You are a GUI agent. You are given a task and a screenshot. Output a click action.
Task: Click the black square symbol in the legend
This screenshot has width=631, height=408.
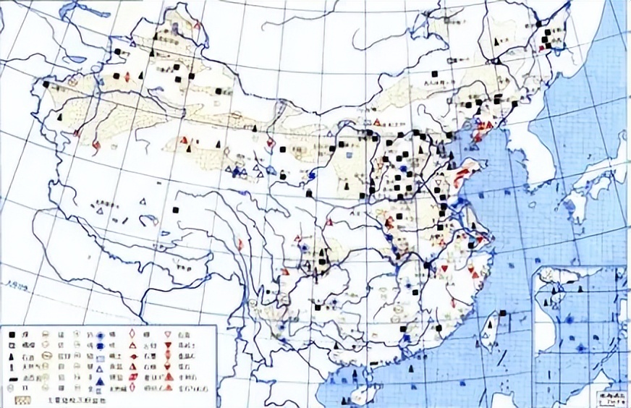coord(12,335)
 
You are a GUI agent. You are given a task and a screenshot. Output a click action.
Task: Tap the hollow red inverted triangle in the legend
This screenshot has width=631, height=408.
coord(167,334)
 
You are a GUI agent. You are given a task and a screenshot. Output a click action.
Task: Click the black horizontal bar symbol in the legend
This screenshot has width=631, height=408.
coord(12,378)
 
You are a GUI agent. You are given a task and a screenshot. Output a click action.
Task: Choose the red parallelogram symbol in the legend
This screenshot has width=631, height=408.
coord(132,377)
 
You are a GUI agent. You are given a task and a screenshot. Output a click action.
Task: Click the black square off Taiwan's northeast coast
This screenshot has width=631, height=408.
coord(502,313)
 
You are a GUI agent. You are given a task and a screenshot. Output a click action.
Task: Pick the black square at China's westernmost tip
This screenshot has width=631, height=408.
coord(46,85)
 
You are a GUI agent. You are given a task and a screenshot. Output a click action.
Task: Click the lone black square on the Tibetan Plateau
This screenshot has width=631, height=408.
coord(176,210)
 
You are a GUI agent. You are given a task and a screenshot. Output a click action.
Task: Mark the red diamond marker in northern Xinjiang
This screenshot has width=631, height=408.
coord(127,77)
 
